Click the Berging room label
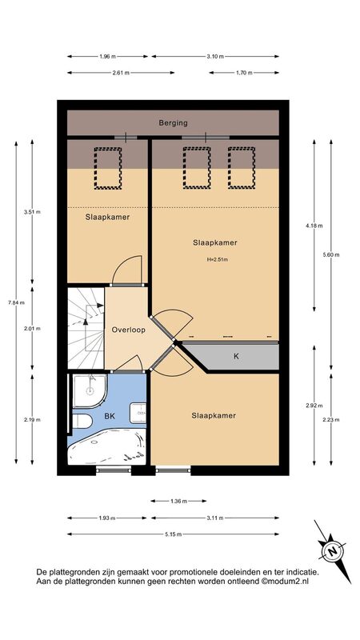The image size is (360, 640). tap(173, 122)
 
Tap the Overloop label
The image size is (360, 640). tap(129, 330)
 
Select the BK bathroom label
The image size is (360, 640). tap(110, 416)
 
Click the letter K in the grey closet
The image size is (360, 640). tap(236, 356)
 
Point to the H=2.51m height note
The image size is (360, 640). tap(217, 258)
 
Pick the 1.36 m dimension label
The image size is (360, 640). tap(178, 501)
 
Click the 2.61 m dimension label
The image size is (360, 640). tap(122, 73)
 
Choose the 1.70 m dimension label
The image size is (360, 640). tap(244, 73)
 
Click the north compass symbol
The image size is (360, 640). tap(333, 552)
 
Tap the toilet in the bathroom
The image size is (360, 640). tap(83, 422)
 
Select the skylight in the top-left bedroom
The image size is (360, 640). tap(108, 168)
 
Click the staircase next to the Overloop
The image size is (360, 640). tap(86, 329)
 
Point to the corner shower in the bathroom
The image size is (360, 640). tap(90, 390)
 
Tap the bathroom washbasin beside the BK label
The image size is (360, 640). tap(138, 413)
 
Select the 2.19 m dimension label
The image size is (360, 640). tap(32, 419)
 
